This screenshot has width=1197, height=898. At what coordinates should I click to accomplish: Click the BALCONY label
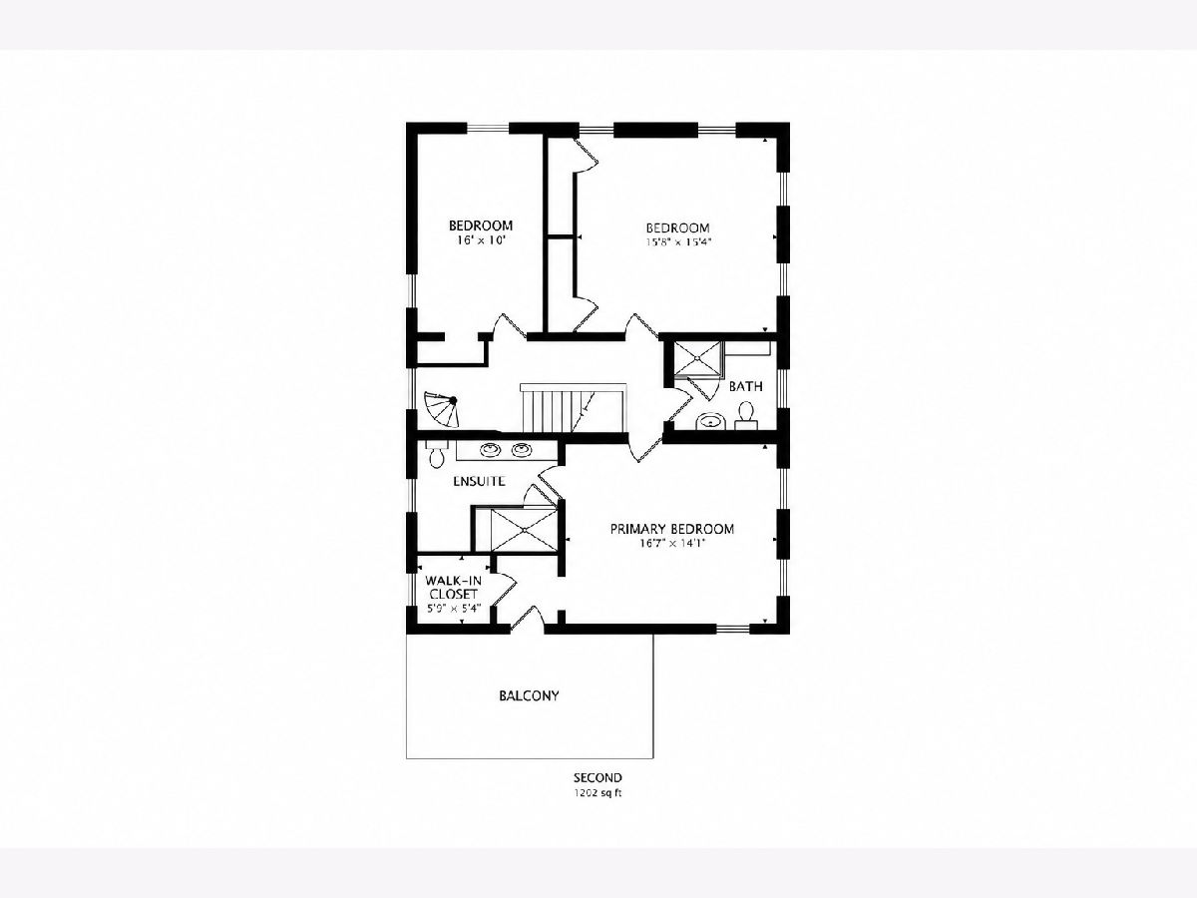529,695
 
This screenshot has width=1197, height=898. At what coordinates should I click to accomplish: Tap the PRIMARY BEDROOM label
672,529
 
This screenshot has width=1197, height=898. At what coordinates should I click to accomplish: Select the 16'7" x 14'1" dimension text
672,543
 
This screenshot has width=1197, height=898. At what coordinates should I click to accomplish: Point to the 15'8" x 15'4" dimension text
679,242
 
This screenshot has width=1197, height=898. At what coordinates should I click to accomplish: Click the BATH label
745,386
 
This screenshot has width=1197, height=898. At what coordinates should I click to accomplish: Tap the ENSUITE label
479,481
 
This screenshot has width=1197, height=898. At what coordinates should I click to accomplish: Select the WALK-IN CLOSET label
453,588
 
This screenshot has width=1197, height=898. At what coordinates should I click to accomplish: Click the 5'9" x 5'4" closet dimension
454,608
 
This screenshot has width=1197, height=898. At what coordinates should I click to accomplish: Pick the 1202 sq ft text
598,793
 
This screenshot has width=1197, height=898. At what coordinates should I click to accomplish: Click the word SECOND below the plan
598,778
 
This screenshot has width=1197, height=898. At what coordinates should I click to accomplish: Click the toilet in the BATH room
746,415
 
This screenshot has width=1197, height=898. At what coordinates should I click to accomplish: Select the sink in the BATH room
711,421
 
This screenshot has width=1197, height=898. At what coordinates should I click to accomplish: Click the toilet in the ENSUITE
436,454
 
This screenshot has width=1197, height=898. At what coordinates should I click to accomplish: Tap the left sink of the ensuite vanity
490,450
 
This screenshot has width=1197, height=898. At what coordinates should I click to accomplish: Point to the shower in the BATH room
698,358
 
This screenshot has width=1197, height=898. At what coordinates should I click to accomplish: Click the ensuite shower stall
524,530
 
